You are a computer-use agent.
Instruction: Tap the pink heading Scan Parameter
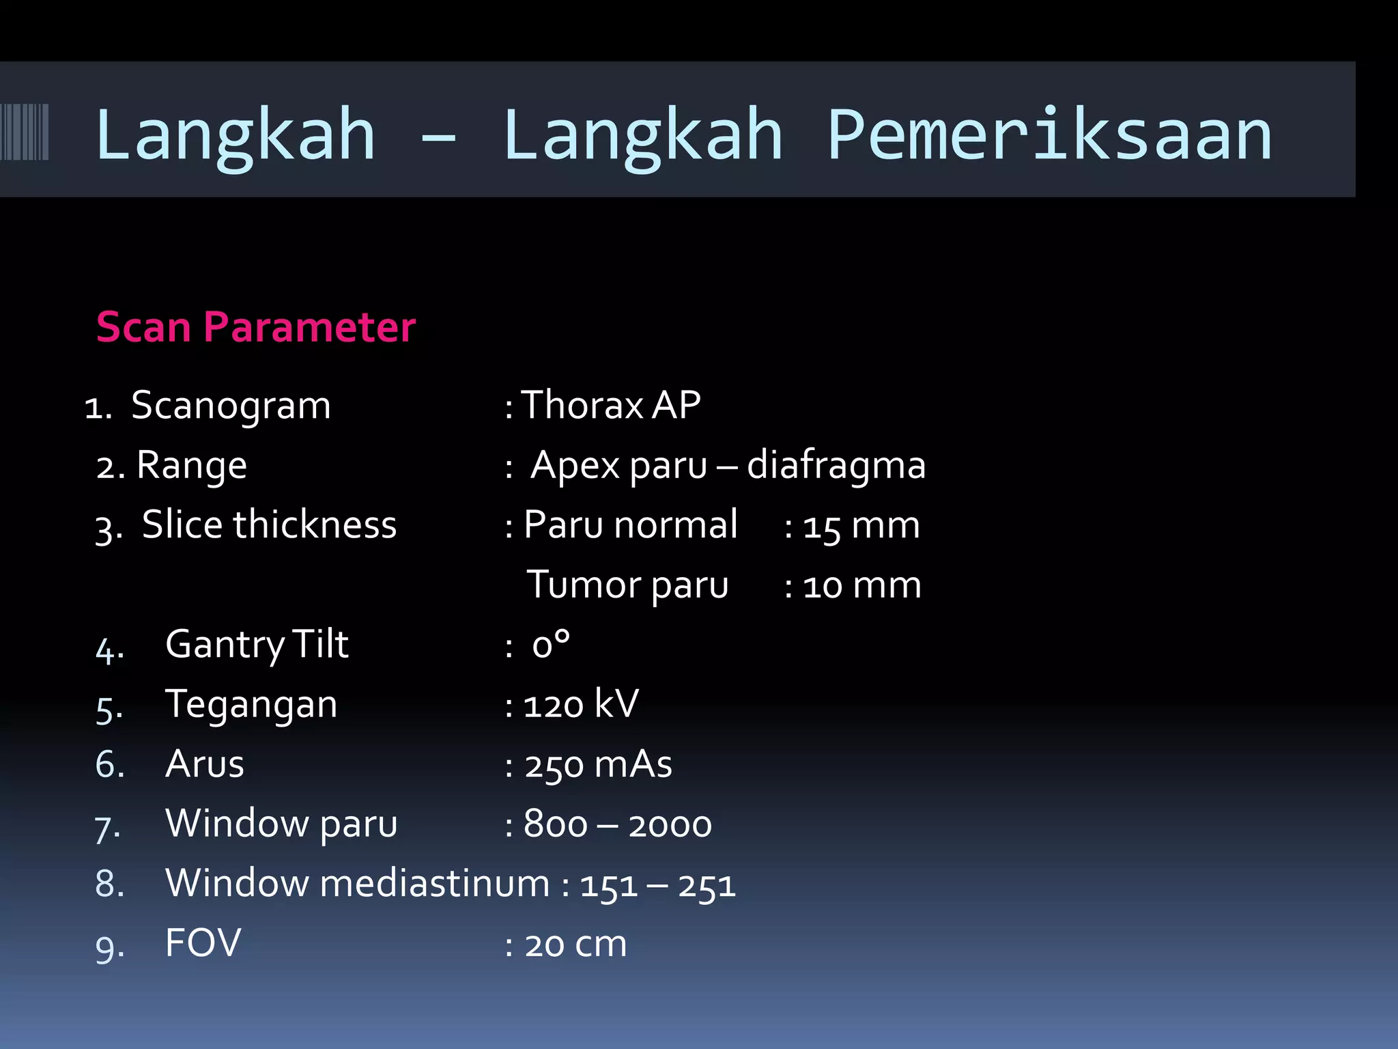256,327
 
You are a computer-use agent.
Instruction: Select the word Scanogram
231,406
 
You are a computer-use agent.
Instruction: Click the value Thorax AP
610,405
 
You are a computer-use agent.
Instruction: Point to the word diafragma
836,466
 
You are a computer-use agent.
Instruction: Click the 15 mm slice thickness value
861,526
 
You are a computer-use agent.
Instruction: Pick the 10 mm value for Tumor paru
861,586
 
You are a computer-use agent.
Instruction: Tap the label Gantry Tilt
257,645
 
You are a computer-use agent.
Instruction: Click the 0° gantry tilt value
550,645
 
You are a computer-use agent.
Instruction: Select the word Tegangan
251,705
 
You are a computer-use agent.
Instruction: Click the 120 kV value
581,705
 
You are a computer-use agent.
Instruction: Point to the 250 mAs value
598,764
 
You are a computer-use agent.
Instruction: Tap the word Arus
204,764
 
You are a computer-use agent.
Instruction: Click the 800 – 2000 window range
617,824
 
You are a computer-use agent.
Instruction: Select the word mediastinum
434,884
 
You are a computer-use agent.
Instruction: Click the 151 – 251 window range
657,885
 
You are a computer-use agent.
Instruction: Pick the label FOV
203,944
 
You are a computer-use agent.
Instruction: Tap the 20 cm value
575,945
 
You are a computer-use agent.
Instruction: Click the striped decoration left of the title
25,132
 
